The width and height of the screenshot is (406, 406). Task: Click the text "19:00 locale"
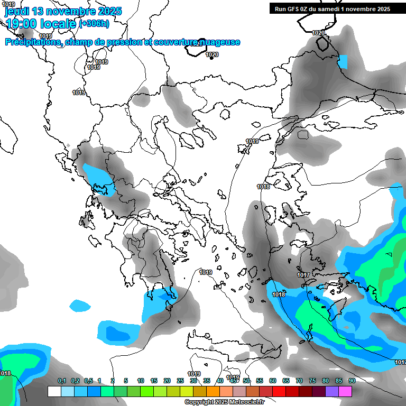[x=40, y=23]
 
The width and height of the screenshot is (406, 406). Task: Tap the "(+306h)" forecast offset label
[x=94, y=23]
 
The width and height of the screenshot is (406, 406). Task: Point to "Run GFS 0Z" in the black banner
[x=293, y=9]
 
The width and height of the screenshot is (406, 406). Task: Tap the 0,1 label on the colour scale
[x=62, y=381]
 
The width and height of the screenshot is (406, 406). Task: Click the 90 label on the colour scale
[x=352, y=381]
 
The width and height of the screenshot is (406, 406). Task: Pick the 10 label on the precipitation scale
[x=141, y=381]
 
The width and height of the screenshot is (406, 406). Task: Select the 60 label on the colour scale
[x=273, y=381]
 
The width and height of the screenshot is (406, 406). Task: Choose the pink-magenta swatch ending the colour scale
[x=345, y=391]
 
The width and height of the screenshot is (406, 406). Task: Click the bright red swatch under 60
[x=279, y=391]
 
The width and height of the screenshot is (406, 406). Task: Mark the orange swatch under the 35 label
[x=213, y=391]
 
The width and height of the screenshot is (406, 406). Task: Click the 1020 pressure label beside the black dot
[x=212, y=54]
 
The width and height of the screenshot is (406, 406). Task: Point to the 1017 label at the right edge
[x=400, y=362]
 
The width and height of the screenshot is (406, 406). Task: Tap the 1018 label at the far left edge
[x=5, y=373]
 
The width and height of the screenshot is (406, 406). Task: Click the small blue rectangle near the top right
[x=343, y=62]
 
